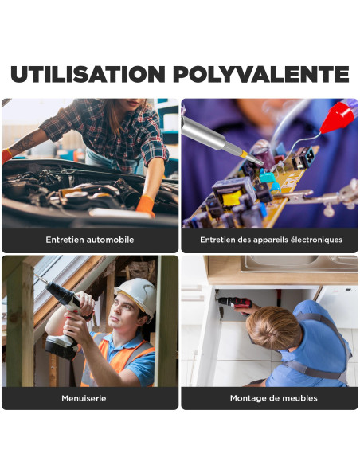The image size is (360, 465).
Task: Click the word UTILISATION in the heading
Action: pos(88,74)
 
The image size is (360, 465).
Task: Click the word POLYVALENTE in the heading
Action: pos(261,74)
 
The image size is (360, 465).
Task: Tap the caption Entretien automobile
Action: pos(90,240)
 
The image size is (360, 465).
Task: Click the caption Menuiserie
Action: pos(84,398)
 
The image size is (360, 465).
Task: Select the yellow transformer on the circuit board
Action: pos(233,197)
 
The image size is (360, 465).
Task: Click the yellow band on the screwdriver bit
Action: pos(244,154)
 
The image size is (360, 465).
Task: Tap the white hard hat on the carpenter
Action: pos(138,296)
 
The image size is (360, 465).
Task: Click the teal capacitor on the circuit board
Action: pos(268,178)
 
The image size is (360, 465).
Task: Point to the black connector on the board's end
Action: pos(303,158)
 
